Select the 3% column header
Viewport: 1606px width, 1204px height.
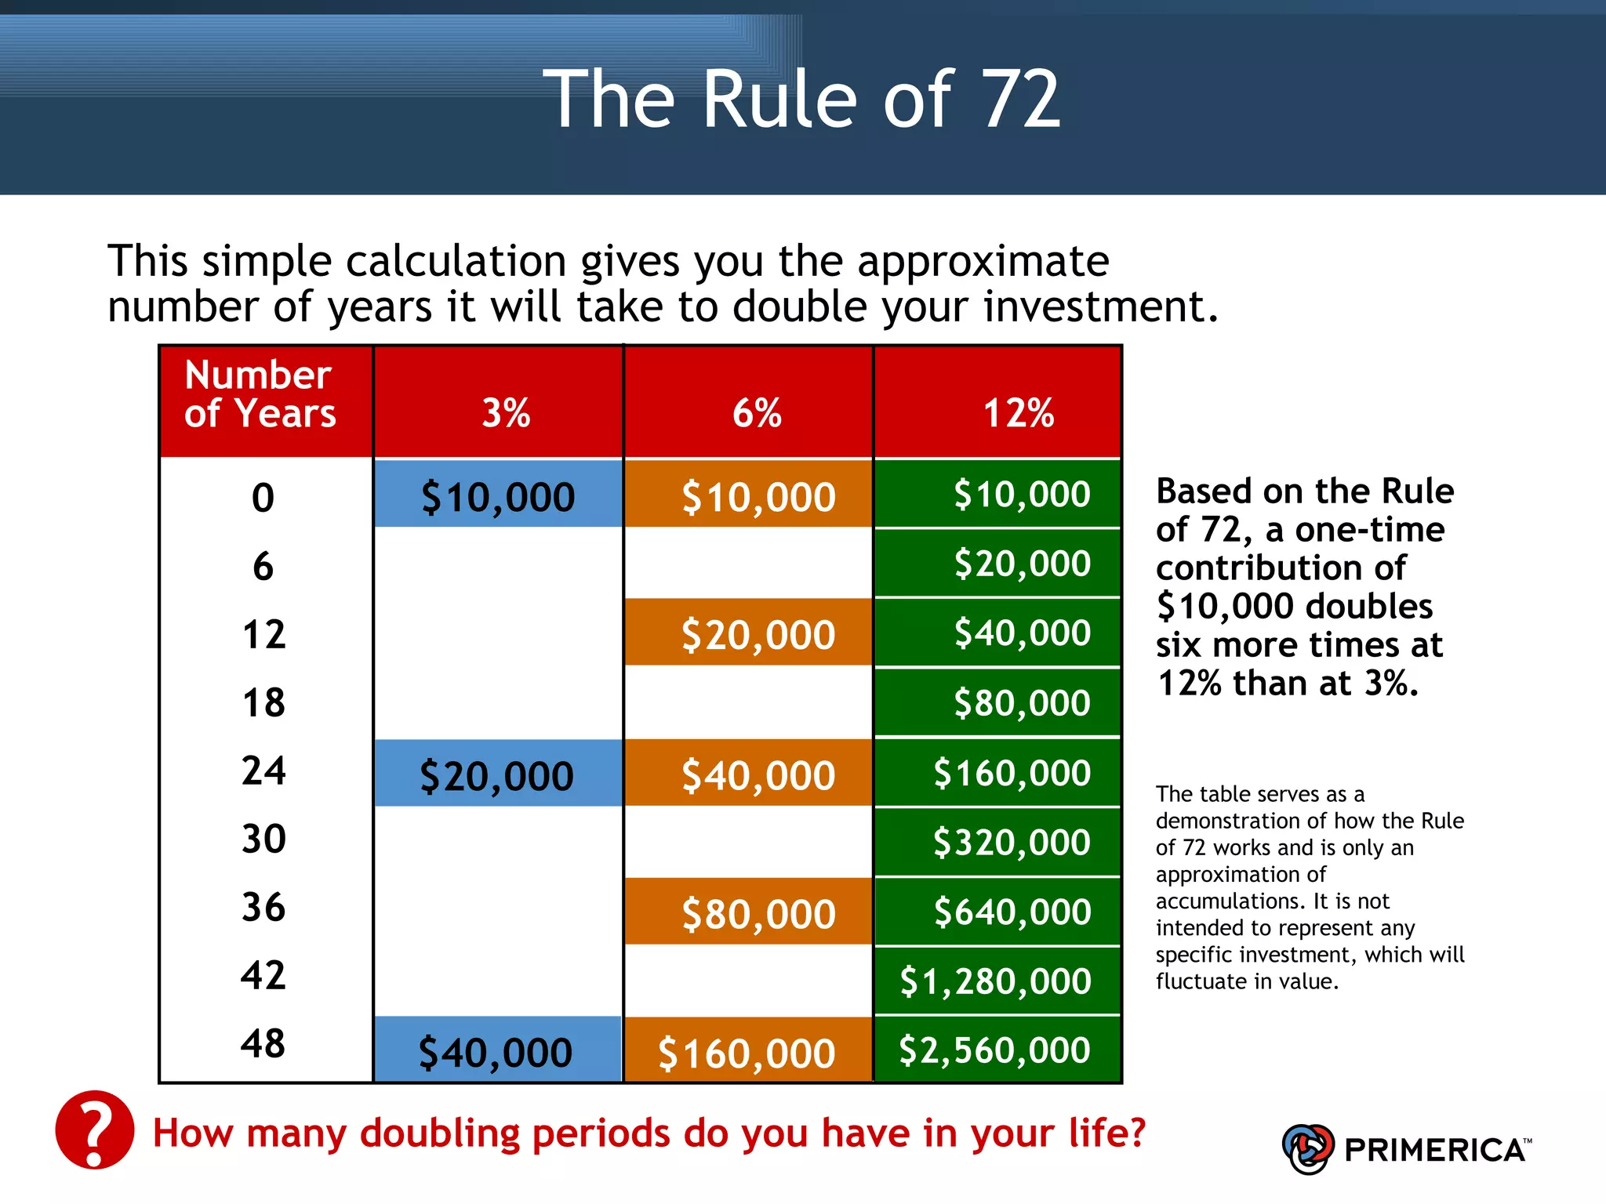click(x=506, y=412)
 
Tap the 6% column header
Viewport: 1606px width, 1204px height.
click(x=757, y=412)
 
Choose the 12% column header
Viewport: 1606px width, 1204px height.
click(x=1018, y=412)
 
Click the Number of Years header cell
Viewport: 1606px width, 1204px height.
click(x=260, y=394)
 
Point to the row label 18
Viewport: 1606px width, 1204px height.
click(x=264, y=702)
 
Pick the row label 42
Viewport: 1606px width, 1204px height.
click(x=263, y=975)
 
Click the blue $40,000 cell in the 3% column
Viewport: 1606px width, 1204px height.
click(x=496, y=1051)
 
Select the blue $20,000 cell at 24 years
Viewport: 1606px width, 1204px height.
click(x=497, y=774)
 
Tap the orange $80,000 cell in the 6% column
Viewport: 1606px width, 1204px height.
click(x=758, y=913)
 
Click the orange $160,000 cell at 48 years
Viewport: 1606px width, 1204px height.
click(x=747, y=1052)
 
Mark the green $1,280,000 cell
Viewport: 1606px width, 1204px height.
click(x=995, y=981)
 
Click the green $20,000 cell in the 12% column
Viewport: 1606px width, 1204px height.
click(x=1022, y=564)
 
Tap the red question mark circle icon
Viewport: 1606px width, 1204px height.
click(x=95, y=1130)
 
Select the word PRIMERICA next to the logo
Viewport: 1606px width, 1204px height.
click(x=1435, y=1150)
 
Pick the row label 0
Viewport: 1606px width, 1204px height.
click(x=263, y=498)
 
